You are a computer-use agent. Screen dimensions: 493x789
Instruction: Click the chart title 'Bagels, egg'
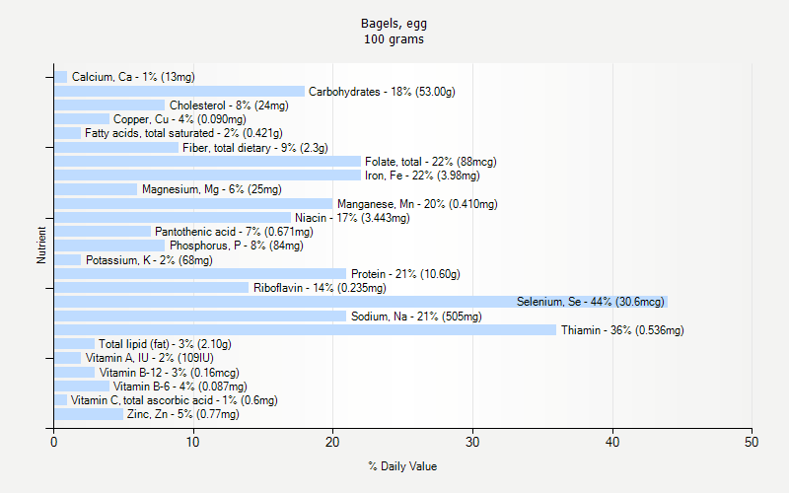[x=394, y=23]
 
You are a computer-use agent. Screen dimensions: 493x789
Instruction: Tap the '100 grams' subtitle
[x=394, y=39]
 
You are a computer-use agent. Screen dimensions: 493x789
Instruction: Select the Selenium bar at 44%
[x=360, y=302]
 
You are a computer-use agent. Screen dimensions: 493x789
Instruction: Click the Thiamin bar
[x=305, y=329]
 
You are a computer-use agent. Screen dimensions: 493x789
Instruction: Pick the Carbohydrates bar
[x=179, y=92]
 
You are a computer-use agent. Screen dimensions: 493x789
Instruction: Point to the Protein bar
[x=199, y=273]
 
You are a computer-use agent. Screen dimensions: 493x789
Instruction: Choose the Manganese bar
[x=192, y=204]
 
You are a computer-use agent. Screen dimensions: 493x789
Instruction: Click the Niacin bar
[x=172, y=218]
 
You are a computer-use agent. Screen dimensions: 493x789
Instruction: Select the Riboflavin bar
[x=151, y=288]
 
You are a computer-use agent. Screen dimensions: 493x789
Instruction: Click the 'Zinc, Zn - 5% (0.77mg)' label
[x=182, y=414]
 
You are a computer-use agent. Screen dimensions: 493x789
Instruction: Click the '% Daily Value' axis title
[x=402, y=466]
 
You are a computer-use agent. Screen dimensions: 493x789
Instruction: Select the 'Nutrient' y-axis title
[x=41, y=246]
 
